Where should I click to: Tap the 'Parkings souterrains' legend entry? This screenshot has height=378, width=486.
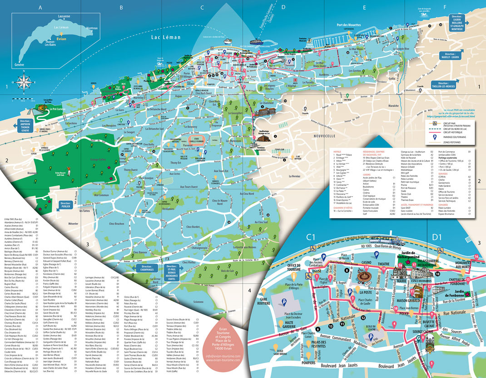[456, 134]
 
